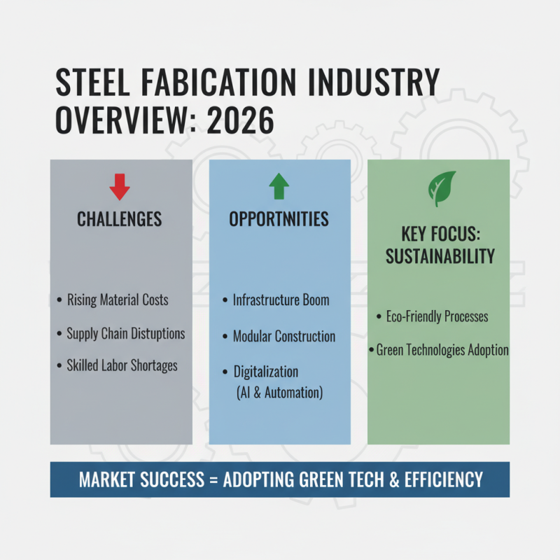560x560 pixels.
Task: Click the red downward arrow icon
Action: tap(120, 187)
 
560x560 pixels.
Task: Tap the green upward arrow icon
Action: tap(279, 187)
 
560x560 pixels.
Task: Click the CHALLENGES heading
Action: tap(120, 220)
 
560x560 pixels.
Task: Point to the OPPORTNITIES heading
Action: tap(279, 219)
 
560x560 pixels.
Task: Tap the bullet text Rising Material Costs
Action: tap(118, 300)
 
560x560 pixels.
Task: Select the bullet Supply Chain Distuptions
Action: tap(125, 333)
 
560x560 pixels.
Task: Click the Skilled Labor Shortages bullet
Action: tap(122, 365)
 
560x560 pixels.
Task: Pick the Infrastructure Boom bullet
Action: tap(281, 300)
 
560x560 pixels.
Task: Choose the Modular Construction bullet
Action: tap(283, 336)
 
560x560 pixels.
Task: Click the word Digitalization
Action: tap(265, 371)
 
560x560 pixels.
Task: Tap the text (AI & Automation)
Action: tap(280, 393)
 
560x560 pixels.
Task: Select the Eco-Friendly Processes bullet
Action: tap(437, 316)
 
